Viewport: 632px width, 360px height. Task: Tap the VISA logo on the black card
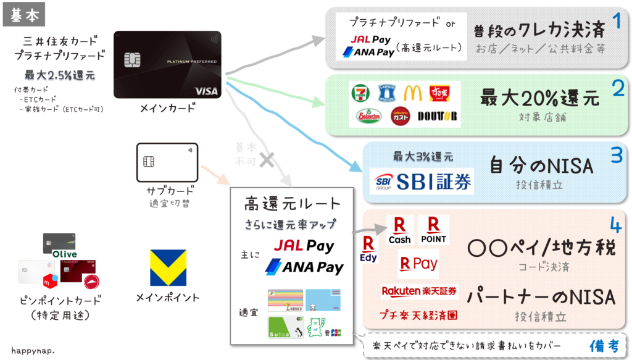point(206,91)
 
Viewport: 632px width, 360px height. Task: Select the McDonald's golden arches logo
point(412,92)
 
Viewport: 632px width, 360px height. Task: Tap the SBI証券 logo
point(423,181)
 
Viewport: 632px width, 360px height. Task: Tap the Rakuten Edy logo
point(369,248)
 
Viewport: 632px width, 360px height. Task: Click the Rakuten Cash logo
point(399,230)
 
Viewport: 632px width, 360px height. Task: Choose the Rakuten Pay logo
point(418,264)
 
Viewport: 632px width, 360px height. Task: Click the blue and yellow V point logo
point(167,267)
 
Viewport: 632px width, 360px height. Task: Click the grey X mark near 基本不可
point(267,159)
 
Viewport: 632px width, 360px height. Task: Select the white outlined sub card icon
point(167,162)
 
